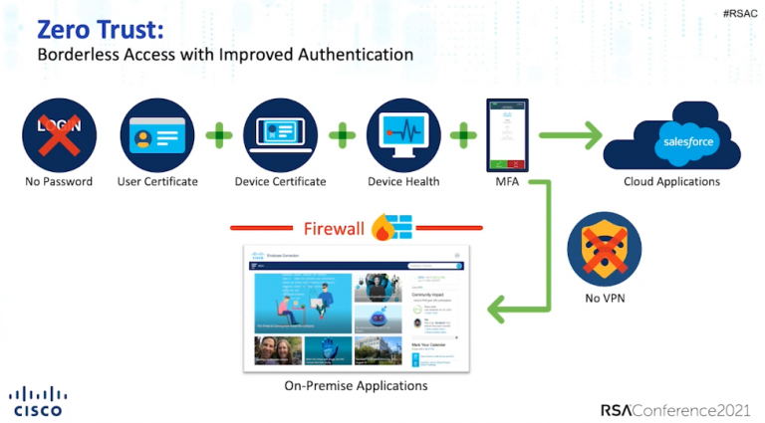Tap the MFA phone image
(x=508, y=134)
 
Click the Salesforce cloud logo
(x=683, y=141)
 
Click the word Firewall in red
(x=333, y=229)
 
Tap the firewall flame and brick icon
(x=391, y=229)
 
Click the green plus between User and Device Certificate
(x=218, y=134)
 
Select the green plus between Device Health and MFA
(x=463, y=134)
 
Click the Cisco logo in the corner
(x=39, y=398)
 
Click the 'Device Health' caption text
(x=403, y=182)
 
